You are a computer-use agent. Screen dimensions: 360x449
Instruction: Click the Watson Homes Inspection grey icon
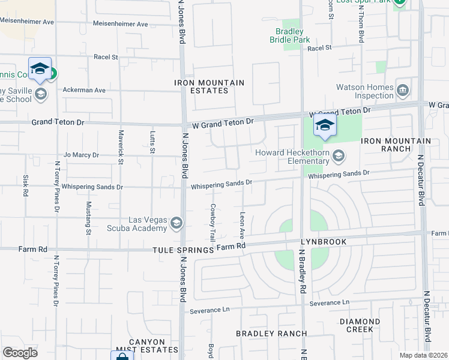tap(403, 91)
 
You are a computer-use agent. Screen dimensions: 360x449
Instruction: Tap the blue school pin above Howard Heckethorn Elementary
tap(325, 125)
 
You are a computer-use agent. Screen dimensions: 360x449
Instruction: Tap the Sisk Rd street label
tap(26, 185)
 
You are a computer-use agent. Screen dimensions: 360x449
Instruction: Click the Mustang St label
tap(89, 217)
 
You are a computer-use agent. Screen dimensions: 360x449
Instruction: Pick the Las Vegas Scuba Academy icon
tap(176, 224)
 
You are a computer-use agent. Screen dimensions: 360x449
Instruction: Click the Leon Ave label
tap(243, 222)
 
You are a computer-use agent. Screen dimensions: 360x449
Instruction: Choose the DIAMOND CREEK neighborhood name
tap(360, 325)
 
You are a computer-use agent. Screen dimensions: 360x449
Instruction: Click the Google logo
tap(20, 353)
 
